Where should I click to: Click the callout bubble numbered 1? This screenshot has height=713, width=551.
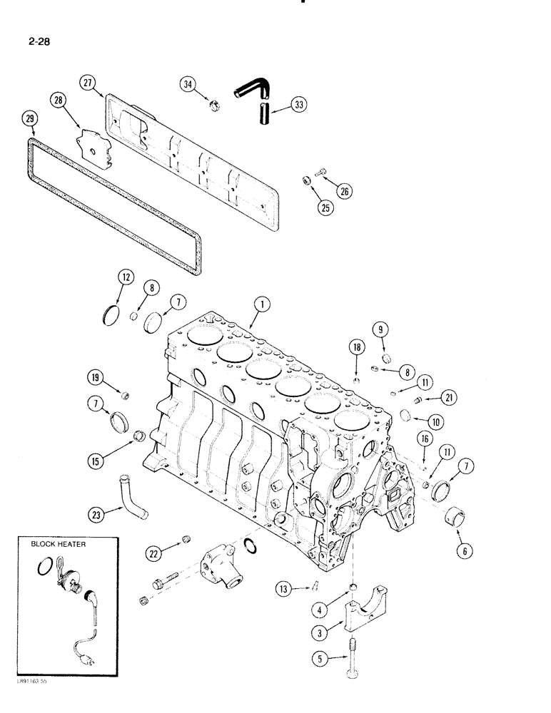(261, 305)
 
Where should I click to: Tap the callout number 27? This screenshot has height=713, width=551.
(89, 83)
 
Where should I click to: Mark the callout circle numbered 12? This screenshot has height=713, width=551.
(125, 276)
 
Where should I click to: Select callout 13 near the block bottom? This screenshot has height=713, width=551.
(285, 588)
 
